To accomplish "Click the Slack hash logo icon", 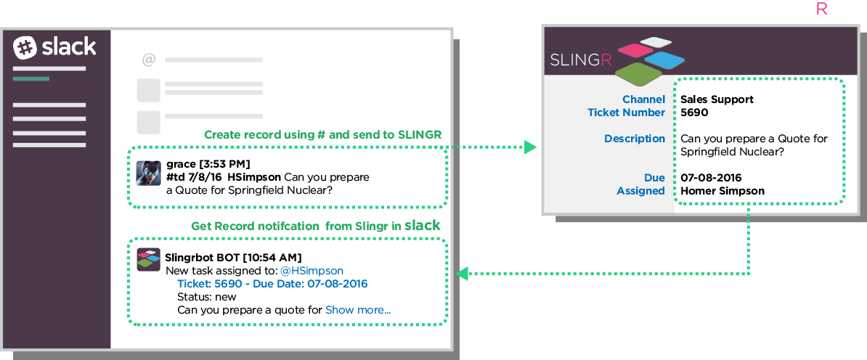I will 25,48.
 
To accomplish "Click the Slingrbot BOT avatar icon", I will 148,259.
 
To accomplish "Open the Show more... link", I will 358,310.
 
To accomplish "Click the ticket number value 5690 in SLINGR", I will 694,112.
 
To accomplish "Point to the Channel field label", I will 643,99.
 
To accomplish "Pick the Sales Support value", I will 717,99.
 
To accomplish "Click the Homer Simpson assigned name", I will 722,191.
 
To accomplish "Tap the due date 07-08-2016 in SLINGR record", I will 711,178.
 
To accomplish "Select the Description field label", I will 635,139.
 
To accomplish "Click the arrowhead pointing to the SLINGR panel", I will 531,147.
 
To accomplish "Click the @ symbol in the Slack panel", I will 148,60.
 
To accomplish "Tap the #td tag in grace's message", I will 176,177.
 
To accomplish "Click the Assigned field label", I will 641,191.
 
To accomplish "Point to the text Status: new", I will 207,297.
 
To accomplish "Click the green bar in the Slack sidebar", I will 31,78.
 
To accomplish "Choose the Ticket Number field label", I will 626,112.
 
